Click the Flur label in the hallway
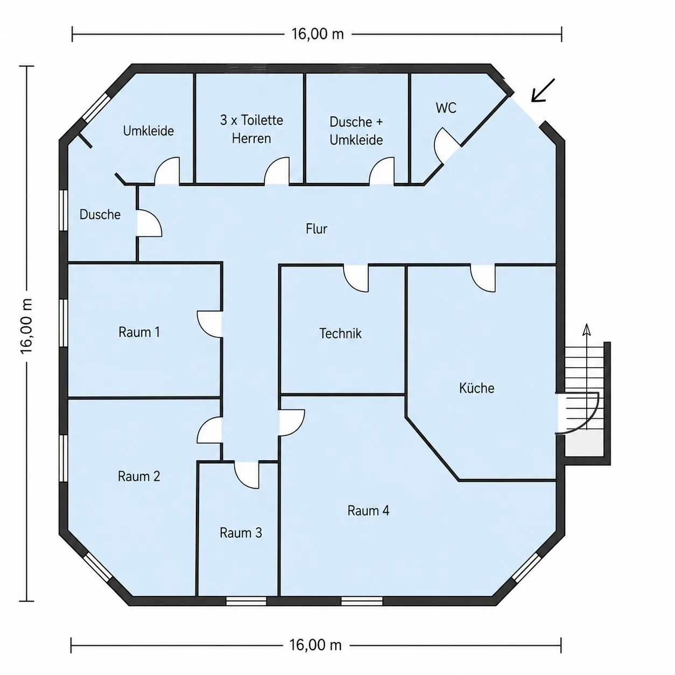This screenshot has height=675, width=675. coord(317,229)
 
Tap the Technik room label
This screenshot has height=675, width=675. coord(340,333)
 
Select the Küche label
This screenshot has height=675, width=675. coord(476,388)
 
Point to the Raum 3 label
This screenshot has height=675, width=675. coord(241,533)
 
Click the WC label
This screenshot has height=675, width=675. coord(446,108)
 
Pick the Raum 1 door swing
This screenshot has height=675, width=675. coord(209,325)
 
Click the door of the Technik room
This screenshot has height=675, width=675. coord(356,278)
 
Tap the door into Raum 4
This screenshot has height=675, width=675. coord(292,423)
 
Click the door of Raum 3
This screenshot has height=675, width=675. coord(247,475)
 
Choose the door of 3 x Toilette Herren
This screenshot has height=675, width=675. coord(277,171)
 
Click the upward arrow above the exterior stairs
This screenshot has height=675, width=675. coord(587,346)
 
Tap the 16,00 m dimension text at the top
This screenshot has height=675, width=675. coord(318,34)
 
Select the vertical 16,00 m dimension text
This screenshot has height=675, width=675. coord(26,327)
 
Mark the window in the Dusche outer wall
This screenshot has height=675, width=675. coord(63,210)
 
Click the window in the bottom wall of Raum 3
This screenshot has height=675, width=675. coord(246,601)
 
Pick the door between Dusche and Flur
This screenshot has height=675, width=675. coord(149,223)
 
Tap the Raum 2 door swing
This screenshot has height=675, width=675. coord(209,430)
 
